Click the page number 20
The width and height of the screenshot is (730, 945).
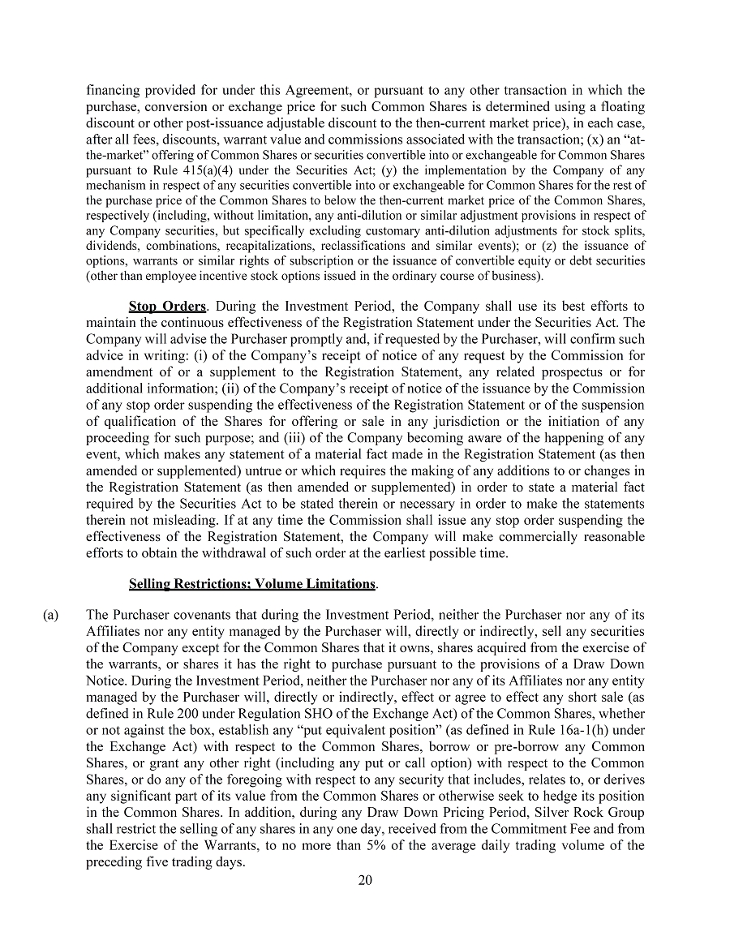point(365,881)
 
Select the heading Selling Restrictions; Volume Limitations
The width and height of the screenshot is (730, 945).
point(252,584)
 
